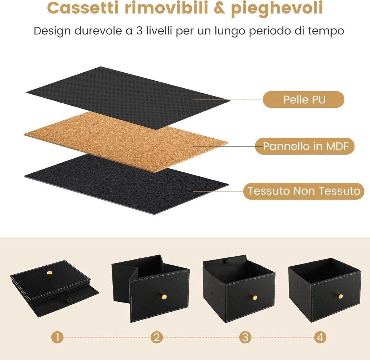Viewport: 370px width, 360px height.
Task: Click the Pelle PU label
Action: [x=304, y=100]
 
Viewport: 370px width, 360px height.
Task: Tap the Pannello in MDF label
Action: [x=305, y=146]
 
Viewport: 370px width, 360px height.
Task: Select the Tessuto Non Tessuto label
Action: [x=304, y=191]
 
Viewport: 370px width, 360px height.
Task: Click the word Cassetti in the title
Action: [x=83, y=8]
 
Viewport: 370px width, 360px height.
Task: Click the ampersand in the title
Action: [x=219, y=8]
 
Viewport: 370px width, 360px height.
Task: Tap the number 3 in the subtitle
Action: [x=139, y=31]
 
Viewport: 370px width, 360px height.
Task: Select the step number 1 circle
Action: [x=57, y=337]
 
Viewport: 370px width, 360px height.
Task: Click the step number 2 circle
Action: [x=157, y=337]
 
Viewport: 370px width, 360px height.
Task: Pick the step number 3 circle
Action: [x=245, y=337]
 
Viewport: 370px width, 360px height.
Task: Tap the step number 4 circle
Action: [x=320, y=337]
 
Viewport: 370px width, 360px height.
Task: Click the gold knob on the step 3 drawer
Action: [x=254, y=297]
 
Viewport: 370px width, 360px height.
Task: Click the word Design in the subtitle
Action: [x=52, y=31]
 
